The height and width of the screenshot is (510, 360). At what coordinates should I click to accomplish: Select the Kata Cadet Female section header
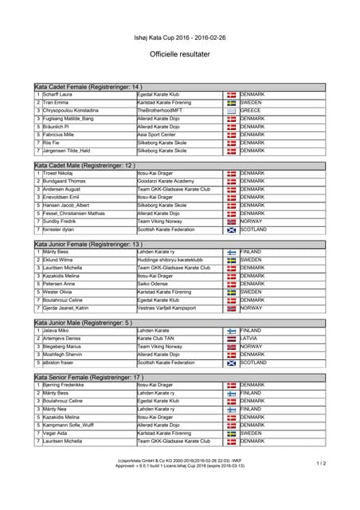click(x=88, y=86)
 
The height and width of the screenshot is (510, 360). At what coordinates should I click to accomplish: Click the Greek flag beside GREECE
click(x=231, y=111)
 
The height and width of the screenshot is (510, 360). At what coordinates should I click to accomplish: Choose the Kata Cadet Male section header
click(x=84, y=165)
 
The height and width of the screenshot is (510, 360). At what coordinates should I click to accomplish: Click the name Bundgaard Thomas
click(x=64, y=181)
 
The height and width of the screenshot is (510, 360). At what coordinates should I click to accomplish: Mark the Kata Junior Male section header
click(x=83, y=322)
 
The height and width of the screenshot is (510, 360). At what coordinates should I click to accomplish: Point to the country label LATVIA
click(x=250, y=338)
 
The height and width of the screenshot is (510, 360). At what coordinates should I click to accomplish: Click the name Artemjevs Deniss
click(x=64, y=338)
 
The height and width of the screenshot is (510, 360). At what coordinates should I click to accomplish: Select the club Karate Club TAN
click(x=156, y=338)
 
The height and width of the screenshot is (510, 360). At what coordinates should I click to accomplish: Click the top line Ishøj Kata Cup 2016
click(x=180, y=37)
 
